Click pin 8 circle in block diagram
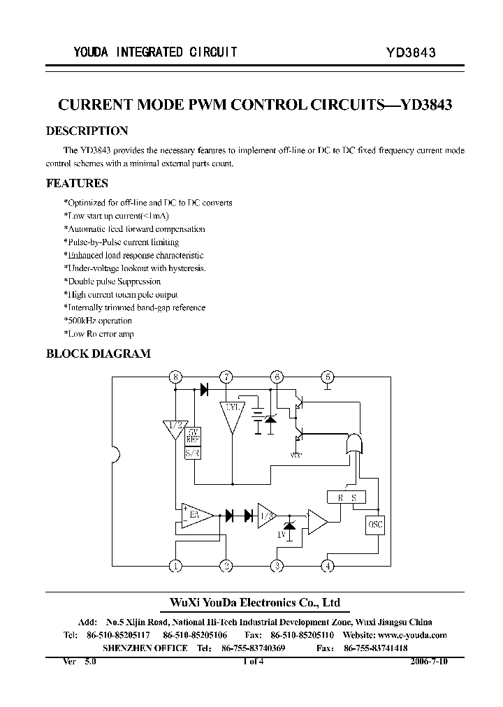click(175, 378)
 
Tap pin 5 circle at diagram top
click(328, 378)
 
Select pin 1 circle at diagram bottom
click(175, 566)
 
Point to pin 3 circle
click(277, 566)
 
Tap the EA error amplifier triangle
click(196, 516)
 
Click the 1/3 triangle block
click(265, 516)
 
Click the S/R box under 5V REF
click(192, 453)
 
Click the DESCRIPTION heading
click(87, 131)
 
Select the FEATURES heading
click(77, 184)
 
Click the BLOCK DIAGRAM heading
click(98, 353)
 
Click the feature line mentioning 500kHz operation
click(98, 321)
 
